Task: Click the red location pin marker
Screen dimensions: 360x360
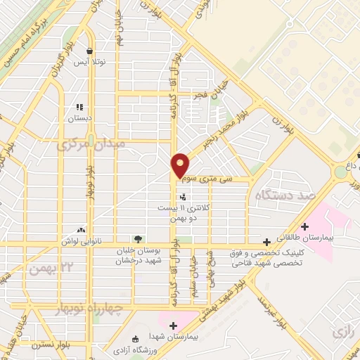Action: (181, 165)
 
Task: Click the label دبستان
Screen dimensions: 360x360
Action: (80, 119)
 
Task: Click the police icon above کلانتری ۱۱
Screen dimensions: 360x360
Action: (183, 197)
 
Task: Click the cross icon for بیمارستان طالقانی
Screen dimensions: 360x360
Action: (304, 226)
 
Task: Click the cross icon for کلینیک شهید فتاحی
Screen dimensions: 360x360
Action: (266, 242)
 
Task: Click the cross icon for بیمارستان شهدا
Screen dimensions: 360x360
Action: (173, 326)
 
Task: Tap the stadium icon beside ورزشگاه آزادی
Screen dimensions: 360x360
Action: (135, 339)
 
